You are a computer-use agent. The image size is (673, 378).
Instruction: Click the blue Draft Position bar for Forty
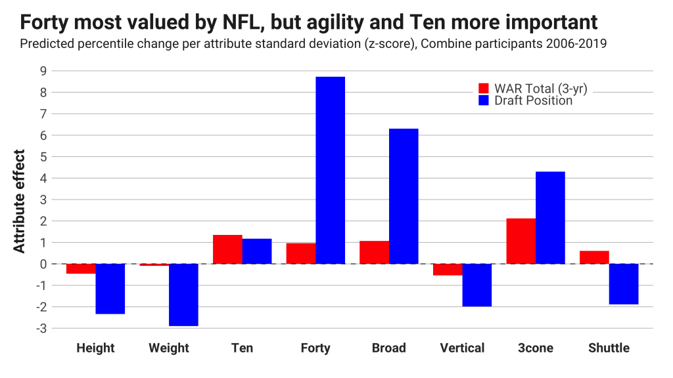point(330,171)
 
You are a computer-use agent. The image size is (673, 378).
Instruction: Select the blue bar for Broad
point(404,196)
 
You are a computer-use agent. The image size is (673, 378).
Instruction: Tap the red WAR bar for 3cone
point(521,241)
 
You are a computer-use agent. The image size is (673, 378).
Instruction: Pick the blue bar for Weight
point(183,295)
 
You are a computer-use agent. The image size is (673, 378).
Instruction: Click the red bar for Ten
point(227,249)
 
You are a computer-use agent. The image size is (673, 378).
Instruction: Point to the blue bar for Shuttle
point(624,284)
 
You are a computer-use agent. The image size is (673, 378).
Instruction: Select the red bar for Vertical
point(448,269)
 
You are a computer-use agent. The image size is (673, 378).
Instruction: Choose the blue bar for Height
point(110,289)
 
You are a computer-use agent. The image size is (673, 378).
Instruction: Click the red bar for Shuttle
point(594,257)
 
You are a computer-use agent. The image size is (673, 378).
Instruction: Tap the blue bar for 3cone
point(550,218)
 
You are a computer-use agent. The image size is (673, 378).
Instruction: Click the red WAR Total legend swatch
point(484,89)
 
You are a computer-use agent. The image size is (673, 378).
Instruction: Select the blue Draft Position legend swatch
point(484,100)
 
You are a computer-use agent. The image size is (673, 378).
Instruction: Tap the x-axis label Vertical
point(462,348)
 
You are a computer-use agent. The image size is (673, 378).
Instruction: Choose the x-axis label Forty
point(315,348)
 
